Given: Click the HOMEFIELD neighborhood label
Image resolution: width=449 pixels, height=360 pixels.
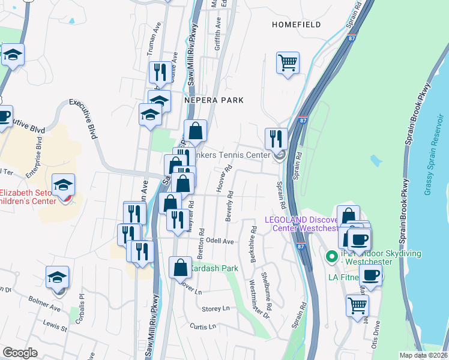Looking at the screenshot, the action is tap(296, 25).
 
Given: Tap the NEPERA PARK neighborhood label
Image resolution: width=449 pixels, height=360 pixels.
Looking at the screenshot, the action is tap(214, 100).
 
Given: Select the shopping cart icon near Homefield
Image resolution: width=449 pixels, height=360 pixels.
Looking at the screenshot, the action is tap(288, 62).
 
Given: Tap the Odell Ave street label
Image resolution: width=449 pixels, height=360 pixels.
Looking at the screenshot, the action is tap(220, 241).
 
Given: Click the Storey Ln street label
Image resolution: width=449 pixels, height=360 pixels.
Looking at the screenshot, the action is tap(216, 308).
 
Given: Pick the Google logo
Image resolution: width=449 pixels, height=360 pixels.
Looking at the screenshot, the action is tap(20, 353).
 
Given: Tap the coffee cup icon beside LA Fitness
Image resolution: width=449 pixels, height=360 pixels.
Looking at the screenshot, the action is tap(370, 275).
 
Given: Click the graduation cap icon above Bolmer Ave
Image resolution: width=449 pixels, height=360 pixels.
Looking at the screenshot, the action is tap(58, 277).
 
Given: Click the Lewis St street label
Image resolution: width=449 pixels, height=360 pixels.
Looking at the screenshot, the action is tap(55, 325).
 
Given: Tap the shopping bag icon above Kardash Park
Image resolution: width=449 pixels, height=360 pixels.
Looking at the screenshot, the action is tap(180, 268).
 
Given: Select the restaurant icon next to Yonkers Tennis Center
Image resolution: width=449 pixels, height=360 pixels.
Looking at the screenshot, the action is tap(276, 138).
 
